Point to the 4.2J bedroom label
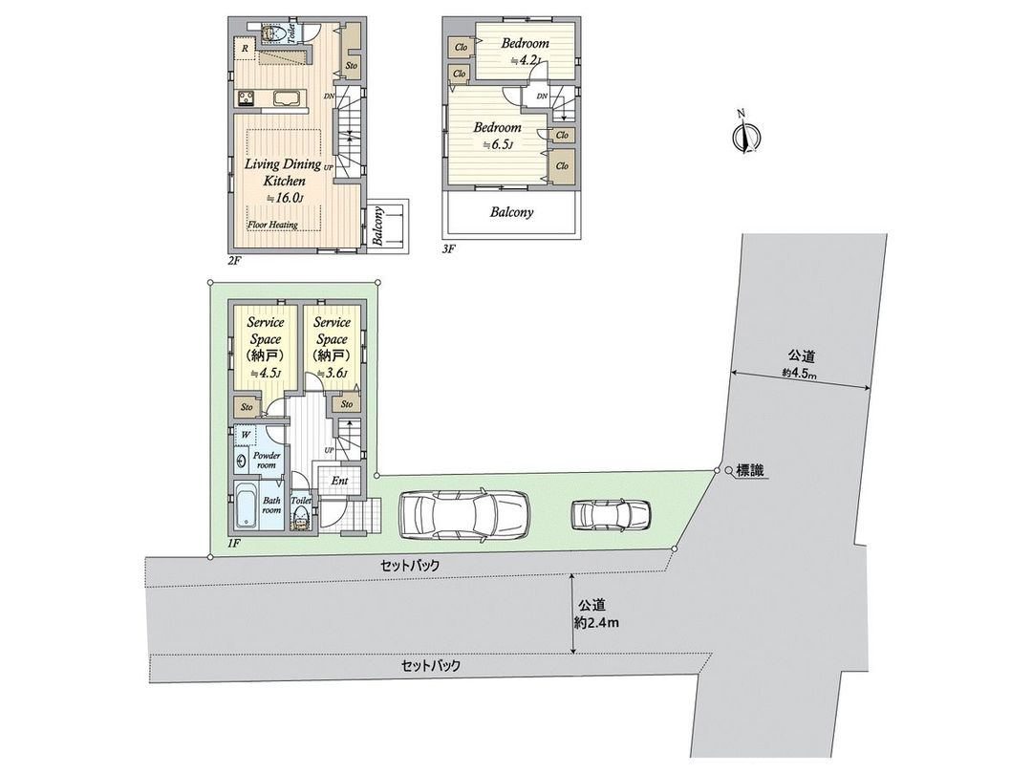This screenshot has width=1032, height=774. click(525, 52)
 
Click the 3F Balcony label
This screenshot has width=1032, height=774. click(511, 213)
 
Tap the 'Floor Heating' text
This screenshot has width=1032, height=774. click(272, 226)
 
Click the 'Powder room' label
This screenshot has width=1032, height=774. click(267, 461)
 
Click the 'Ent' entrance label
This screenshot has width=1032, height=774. click(339, 481)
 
